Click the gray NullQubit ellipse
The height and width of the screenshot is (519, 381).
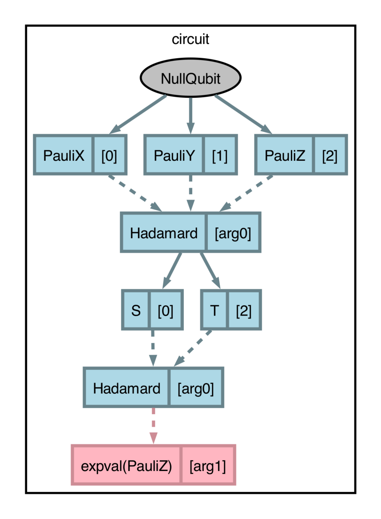[190, 78]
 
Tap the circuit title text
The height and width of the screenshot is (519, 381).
[190, 40]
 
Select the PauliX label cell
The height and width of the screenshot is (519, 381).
[64, 156]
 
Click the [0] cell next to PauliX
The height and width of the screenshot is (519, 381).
[109, 156]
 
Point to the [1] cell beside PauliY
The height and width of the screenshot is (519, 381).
[220, 156]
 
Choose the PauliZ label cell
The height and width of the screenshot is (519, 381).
[285, 156]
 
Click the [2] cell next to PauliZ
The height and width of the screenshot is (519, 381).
[330, 156]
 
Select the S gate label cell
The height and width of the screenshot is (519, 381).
[136, 310]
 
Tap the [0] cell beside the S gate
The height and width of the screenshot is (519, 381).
[165, 310]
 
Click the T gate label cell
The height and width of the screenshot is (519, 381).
[214, 310]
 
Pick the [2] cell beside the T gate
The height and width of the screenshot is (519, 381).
[244, 310]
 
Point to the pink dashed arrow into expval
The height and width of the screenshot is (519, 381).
[153, 425]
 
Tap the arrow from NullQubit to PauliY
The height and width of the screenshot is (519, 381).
[190, 115]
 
